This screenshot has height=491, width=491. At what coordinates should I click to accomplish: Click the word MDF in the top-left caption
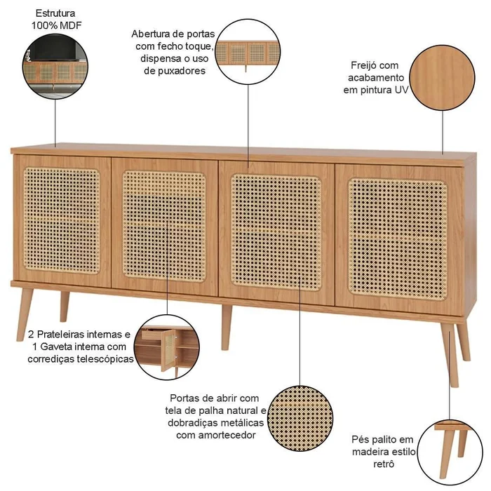pos(71,26)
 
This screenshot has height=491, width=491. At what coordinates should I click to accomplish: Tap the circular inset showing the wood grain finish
pos(442,78)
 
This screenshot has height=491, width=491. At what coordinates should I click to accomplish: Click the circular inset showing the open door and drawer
pos(167,347)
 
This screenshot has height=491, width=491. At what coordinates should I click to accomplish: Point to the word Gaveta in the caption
pos(58,347)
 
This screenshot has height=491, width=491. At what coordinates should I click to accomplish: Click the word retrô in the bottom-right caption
pos(384,464)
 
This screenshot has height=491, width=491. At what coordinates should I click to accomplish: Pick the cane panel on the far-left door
pos(62,220)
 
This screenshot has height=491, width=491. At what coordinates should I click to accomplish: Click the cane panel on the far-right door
pos(398,239)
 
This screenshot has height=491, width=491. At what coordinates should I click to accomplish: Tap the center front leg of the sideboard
pos(226,327)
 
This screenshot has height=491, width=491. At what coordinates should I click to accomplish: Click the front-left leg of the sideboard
pos(25,314)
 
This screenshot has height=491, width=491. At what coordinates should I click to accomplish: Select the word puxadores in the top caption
pos(175,71)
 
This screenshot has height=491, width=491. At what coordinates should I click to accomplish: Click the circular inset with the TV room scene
pos(55,67)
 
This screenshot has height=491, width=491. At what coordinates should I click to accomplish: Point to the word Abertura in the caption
pos(150,34)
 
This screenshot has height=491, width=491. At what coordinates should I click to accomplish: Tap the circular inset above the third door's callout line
pos(248,52)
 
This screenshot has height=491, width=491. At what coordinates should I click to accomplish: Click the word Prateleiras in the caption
pos(60,335)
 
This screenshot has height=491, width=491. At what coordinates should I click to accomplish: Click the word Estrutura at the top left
pos(55,13)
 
